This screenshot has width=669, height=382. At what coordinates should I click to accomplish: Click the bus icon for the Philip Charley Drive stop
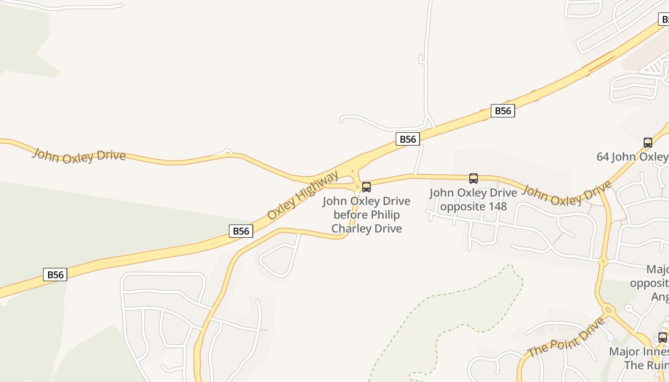367,187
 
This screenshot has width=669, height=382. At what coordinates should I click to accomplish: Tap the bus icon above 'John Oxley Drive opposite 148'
473,179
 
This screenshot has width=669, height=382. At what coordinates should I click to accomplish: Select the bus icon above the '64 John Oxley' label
647,142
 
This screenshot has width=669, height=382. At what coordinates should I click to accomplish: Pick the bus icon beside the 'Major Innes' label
662,337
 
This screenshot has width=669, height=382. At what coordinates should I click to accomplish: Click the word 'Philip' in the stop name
385,215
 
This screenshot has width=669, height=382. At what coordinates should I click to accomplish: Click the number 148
496,206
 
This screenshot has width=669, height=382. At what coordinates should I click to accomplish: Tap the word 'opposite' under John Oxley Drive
461,206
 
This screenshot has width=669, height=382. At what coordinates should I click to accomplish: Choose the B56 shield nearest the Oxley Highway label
241,231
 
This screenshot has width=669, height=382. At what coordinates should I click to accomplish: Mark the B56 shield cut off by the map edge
664,20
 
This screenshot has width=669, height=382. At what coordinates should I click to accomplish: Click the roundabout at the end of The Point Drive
608,309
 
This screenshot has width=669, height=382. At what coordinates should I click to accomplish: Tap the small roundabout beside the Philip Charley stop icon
357,187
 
